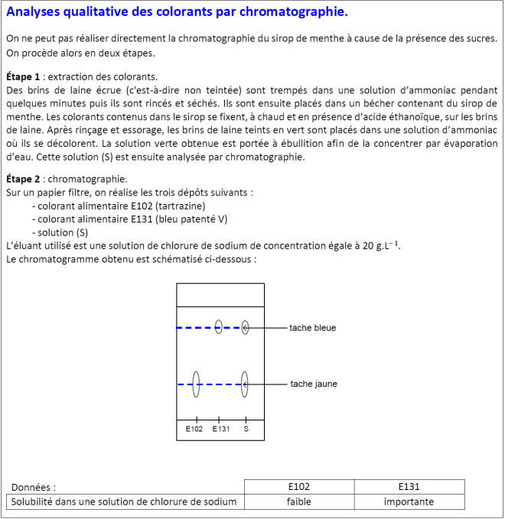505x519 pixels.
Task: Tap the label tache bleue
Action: click(312, 328)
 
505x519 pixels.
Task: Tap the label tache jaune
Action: click(314, 384)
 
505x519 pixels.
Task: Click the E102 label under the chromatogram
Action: click(194, 429)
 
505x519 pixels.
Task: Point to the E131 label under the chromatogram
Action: click(220, 429)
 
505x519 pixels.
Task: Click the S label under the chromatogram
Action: click(246, 429)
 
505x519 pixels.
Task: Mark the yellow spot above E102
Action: click(197, 384)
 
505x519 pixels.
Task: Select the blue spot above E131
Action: click(219, 327)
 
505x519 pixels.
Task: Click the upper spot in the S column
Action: click(245, 327)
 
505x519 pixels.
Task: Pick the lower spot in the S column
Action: click(245, 384)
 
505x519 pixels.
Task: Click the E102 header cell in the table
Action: click(298, 486)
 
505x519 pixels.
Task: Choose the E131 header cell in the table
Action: click(409, 486)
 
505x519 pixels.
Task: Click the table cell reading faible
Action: click(298, 502)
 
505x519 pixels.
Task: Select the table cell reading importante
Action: click(409, 502)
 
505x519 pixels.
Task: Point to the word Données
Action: click(33, 487)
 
